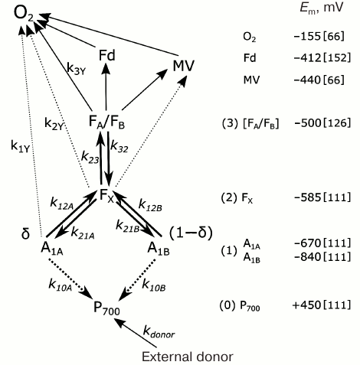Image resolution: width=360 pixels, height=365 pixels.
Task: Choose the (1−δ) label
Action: coord(189,231)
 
